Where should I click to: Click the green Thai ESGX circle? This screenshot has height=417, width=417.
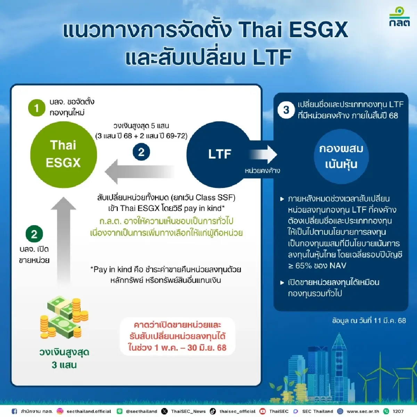63,154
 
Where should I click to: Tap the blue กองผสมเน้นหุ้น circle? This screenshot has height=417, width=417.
341,156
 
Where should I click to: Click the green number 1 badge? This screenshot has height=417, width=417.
36,108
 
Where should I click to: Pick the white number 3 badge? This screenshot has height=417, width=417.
286,110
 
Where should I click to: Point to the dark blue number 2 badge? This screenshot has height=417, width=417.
141,152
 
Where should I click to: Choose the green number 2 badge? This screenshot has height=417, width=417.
34,234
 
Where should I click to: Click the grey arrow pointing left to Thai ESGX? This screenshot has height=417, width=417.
139,172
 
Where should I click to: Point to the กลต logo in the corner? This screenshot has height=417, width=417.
399,17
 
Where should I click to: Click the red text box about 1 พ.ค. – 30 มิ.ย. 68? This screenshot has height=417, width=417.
177,336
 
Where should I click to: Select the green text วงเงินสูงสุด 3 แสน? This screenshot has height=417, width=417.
64,358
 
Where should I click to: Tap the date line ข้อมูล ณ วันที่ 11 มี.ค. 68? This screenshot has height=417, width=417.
369,320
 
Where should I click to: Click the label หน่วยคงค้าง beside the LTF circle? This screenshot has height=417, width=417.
262,171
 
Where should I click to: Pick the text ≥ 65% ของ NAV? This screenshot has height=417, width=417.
317,266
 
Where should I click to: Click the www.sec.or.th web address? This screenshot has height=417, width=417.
363,411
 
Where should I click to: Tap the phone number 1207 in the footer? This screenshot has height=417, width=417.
398,411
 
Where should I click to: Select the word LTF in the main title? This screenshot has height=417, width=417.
272,57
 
